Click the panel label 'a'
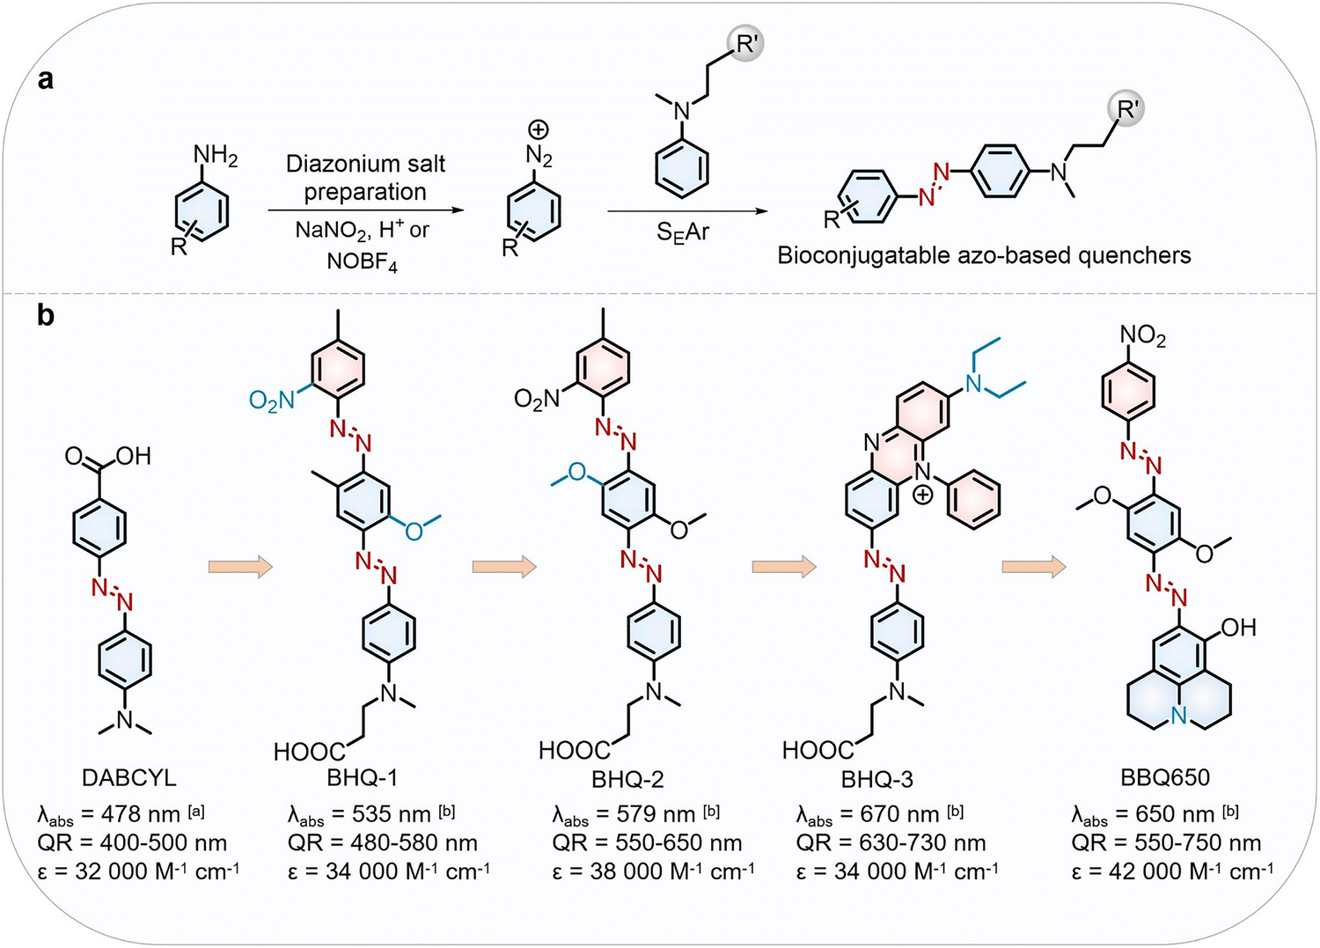click(46, 79)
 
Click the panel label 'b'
click(46, 315)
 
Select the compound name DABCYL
click(129, 778)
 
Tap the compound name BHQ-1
click(363, 778)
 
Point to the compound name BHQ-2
click(627, 779)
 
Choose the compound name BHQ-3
click(876, 779)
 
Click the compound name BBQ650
click(1165, 777)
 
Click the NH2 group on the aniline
click(215, 156)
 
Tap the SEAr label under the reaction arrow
click(682, 232)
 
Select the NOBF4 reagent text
click(362, 261)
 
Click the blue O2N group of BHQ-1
click(271, 401)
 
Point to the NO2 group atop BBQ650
click(1143, 336)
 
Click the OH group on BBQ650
click(1239, 628)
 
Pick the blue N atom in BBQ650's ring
click(1178, 716)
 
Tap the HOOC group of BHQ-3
click(818, 750)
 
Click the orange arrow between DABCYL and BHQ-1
click(240, 567)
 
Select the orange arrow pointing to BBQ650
click(1034, 567)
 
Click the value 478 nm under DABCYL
click(140, 814)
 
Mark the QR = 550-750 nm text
click(1166, 843)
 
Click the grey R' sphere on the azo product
click(1126, 110)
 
